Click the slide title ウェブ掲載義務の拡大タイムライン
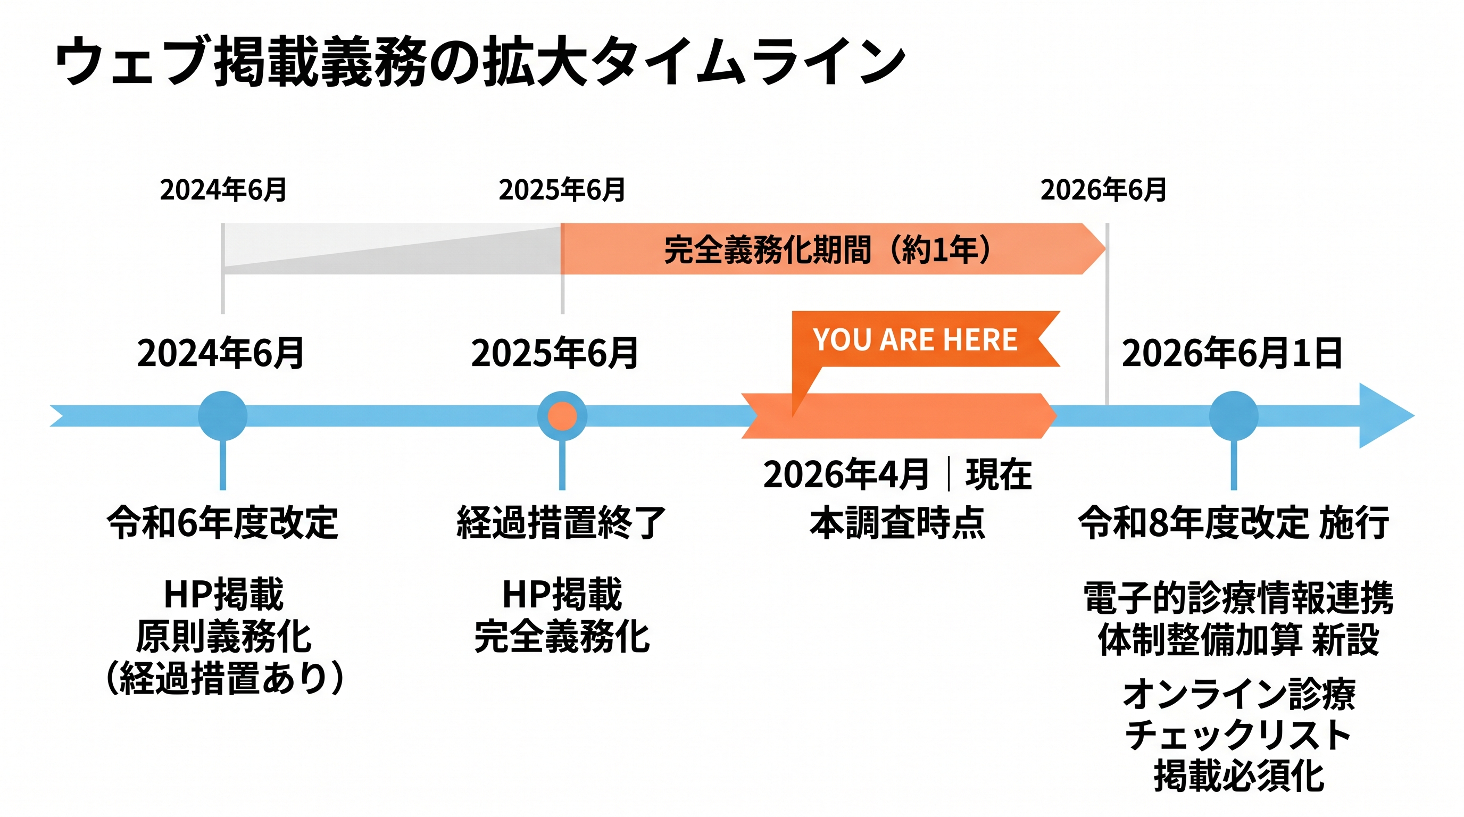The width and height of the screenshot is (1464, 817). [480, 61]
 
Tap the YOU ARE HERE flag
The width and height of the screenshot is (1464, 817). [915, 339]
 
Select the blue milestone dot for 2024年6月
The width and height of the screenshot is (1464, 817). [223, 415]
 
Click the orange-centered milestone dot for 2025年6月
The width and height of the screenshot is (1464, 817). [562, 415]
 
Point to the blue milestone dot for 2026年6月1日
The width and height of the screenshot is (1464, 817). [1233, 415]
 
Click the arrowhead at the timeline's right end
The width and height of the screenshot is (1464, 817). [1384, 415]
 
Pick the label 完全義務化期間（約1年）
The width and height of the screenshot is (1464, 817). [827, 249]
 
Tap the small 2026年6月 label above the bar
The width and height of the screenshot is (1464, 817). [1103, 190]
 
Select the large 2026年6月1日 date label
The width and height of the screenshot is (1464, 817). [1232, 353]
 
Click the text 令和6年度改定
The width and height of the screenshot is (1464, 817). [223, 522]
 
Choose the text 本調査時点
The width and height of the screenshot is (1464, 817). [897, 522]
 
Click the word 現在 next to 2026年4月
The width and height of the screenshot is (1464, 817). [999, 474]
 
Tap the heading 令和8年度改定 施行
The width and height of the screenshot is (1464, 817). [1234, 522]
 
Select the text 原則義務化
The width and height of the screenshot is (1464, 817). [223, 637]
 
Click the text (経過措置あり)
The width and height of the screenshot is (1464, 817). [225, 678]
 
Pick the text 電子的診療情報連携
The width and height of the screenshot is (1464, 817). [1238, 598]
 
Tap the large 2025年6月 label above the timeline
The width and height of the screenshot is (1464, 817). [555, 353]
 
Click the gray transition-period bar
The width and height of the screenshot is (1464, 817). [392, 249]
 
